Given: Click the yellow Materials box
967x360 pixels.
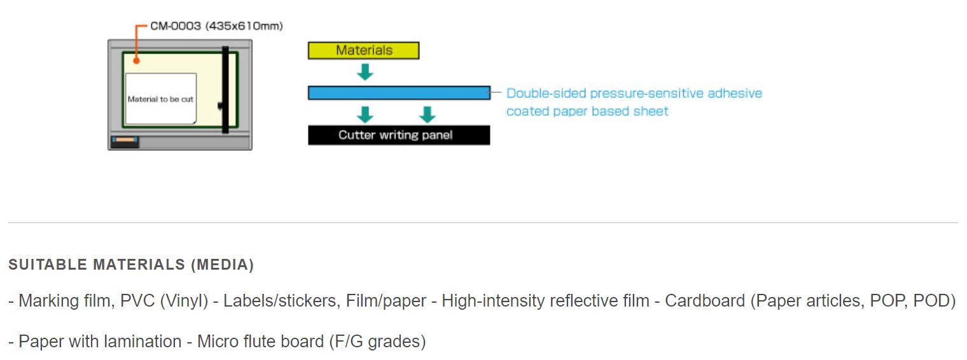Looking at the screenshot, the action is [x=363, y=50].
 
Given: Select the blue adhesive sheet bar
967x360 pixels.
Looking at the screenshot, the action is [x=400, y=93].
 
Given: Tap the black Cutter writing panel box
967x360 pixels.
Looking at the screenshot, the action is [x=399, y=135].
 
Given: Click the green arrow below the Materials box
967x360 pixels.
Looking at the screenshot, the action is [x=365, y=72].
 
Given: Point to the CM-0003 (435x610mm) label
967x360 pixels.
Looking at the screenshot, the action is [x=216, y=26].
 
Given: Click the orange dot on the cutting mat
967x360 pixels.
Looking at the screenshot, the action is [x=136, y=61].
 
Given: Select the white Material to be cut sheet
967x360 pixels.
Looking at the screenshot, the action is [x=161, y=99].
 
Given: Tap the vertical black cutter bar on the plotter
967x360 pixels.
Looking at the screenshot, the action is [x=225, y=90].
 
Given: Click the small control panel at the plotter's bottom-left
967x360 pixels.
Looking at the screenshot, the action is [x=125, y=141].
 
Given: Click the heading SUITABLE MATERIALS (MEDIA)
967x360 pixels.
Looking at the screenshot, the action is [x=131, y=265].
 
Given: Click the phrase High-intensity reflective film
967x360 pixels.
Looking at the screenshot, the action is [x=546, y=301].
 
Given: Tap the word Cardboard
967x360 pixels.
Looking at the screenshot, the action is [x=705, y=301].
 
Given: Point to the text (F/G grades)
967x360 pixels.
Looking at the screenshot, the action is [x=377, y=342].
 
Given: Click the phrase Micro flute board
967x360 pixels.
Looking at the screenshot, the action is [x=260, y=342].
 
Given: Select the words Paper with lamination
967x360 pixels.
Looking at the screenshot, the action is [x=100, y=342].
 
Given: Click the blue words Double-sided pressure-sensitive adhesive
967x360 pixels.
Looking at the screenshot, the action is [x=634, y=93].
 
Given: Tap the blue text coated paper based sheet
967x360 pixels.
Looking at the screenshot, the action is [x=587, y=111].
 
